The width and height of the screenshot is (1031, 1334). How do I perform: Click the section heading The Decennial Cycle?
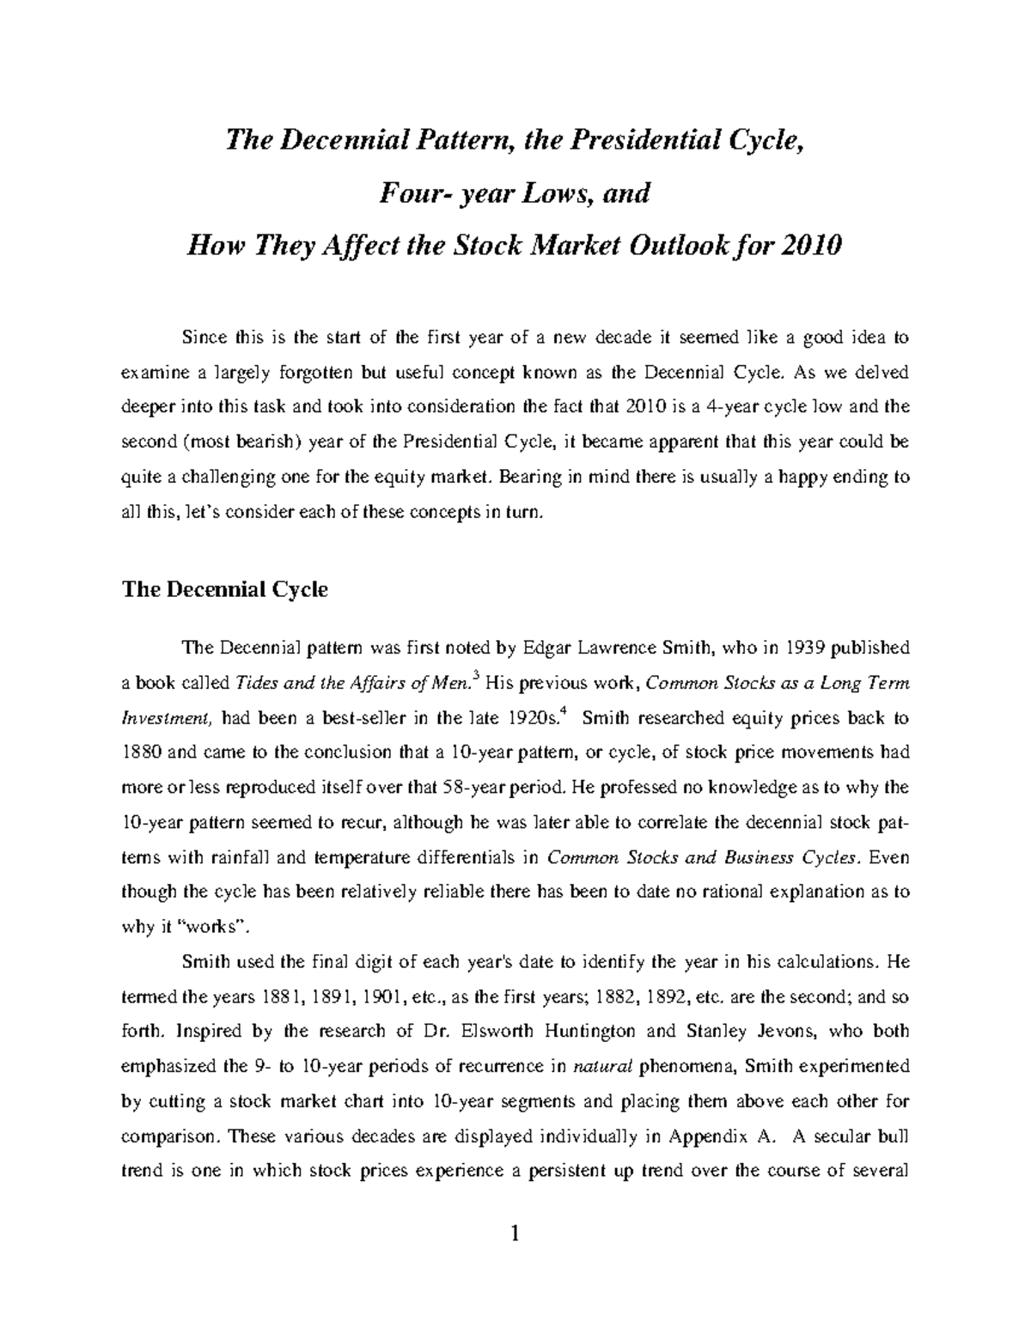coord(225,590)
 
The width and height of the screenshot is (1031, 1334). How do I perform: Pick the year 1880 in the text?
coord(141,752)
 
